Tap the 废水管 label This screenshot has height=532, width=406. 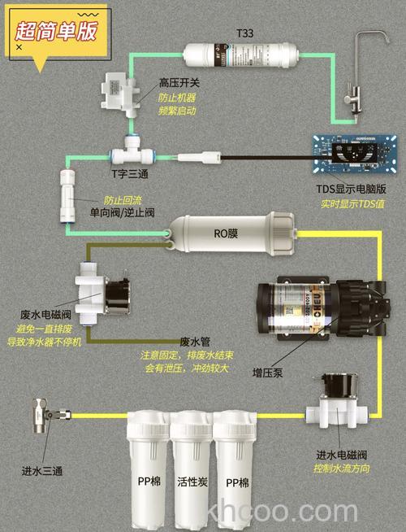195,342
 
